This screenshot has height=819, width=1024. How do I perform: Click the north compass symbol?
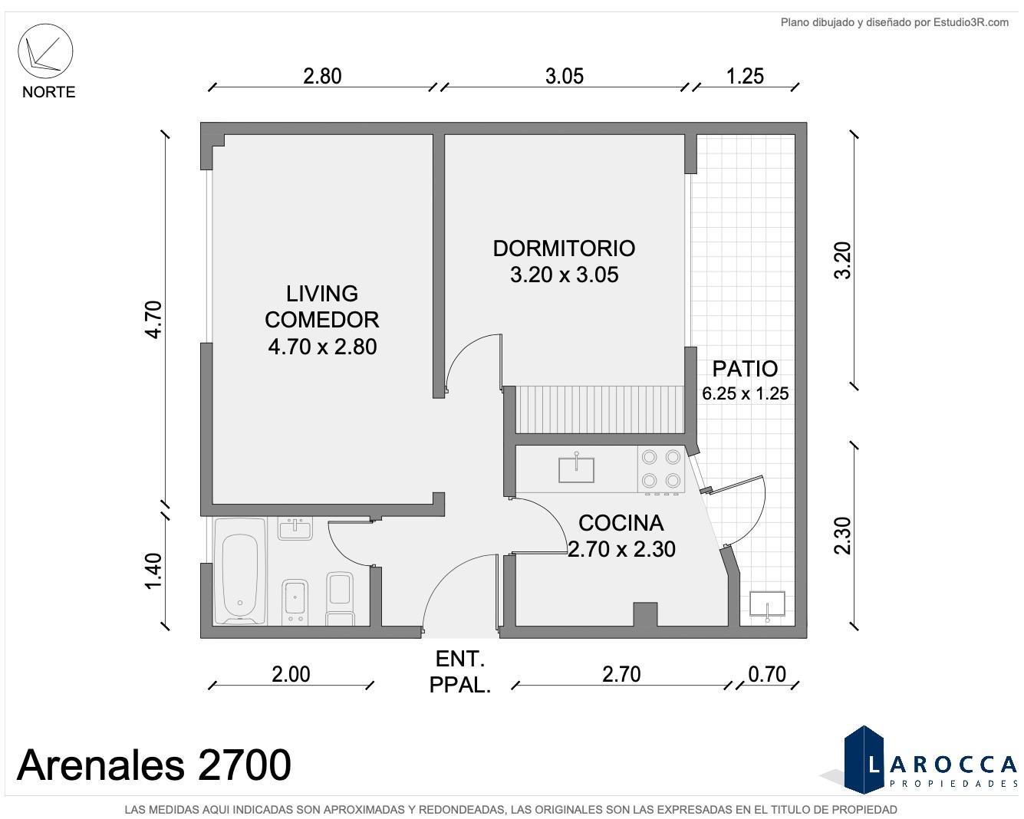pos(45,51)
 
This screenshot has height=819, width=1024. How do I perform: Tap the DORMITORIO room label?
pos(564,248)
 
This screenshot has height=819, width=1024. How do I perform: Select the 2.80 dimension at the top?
pos(322,76)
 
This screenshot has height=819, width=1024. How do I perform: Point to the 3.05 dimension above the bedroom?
pos(565,76)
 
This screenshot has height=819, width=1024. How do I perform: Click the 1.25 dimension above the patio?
pos(745,76)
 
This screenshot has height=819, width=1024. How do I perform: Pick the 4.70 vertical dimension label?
pos(154,320)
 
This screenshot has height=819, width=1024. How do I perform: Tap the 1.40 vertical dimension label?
pos(154,571)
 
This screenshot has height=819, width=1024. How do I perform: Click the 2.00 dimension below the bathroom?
pos(291,674)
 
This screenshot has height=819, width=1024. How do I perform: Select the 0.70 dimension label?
pos(767,674)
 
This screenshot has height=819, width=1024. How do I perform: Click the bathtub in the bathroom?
pos(240,571)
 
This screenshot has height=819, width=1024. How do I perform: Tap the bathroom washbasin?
pos(295,529)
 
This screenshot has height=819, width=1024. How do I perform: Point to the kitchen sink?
pos(576,469)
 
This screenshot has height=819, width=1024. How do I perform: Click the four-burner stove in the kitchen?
pos(661,469)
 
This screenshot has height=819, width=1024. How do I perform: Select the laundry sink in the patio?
pos(767,604)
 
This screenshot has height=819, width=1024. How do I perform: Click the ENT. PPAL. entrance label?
pos(460,672)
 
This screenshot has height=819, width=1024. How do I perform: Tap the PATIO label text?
pos(745,369)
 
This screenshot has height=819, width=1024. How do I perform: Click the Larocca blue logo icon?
pos(864,760)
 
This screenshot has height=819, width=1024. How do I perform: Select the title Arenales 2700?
pos(153,765)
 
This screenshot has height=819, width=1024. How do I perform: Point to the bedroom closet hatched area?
pos(600,409)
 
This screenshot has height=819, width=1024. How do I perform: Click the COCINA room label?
pos(621,523)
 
